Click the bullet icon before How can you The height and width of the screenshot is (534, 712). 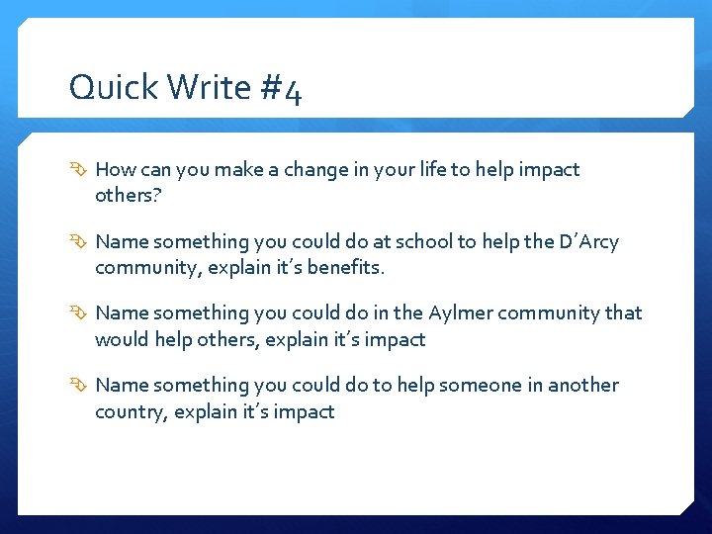pos(78,170)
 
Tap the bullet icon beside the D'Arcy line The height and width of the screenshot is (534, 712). pos(78,242)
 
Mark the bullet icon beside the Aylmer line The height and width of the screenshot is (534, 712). pos(78,313)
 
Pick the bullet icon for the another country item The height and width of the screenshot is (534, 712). pos(78,386)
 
